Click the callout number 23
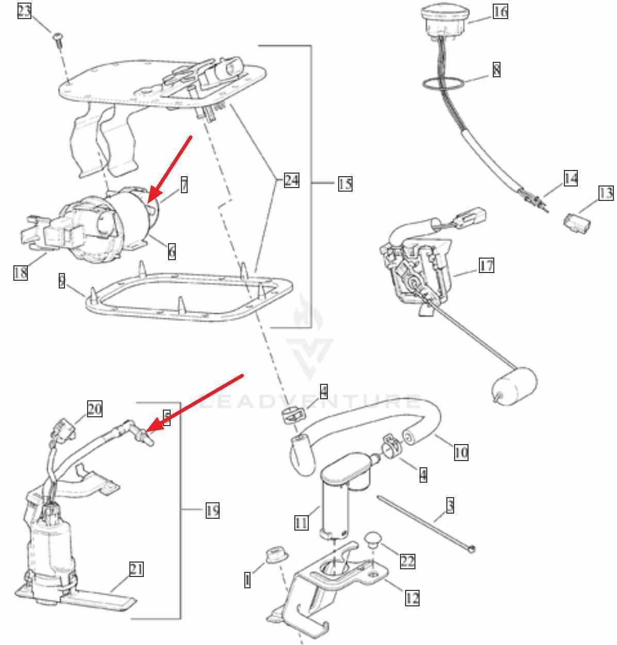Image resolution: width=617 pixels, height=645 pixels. (x=24, y=11)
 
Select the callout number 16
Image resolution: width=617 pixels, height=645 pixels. (x=500, y=11)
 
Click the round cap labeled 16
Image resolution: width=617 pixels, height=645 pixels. (x=444, y=20)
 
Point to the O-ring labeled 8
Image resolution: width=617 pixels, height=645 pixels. (x=443, y=82)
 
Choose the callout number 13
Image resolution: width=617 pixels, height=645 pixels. (x=606, y=193)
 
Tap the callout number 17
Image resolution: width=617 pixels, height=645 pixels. (x=486, y=266)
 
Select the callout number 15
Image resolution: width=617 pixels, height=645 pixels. (x=345, y=183)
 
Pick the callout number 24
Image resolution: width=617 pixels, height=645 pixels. (x=291, y=180)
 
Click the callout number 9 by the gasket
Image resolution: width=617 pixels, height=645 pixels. (x=62, y=281)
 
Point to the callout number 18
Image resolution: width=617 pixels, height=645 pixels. (x=20, y=272)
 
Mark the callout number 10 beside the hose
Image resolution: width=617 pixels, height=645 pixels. (x=461, y=452)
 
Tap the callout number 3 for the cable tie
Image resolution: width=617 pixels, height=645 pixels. (x=450, y=506)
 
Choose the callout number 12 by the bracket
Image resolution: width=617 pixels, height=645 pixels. (x=412, y=598)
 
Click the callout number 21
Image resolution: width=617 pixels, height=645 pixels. (x=136, y=569)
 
